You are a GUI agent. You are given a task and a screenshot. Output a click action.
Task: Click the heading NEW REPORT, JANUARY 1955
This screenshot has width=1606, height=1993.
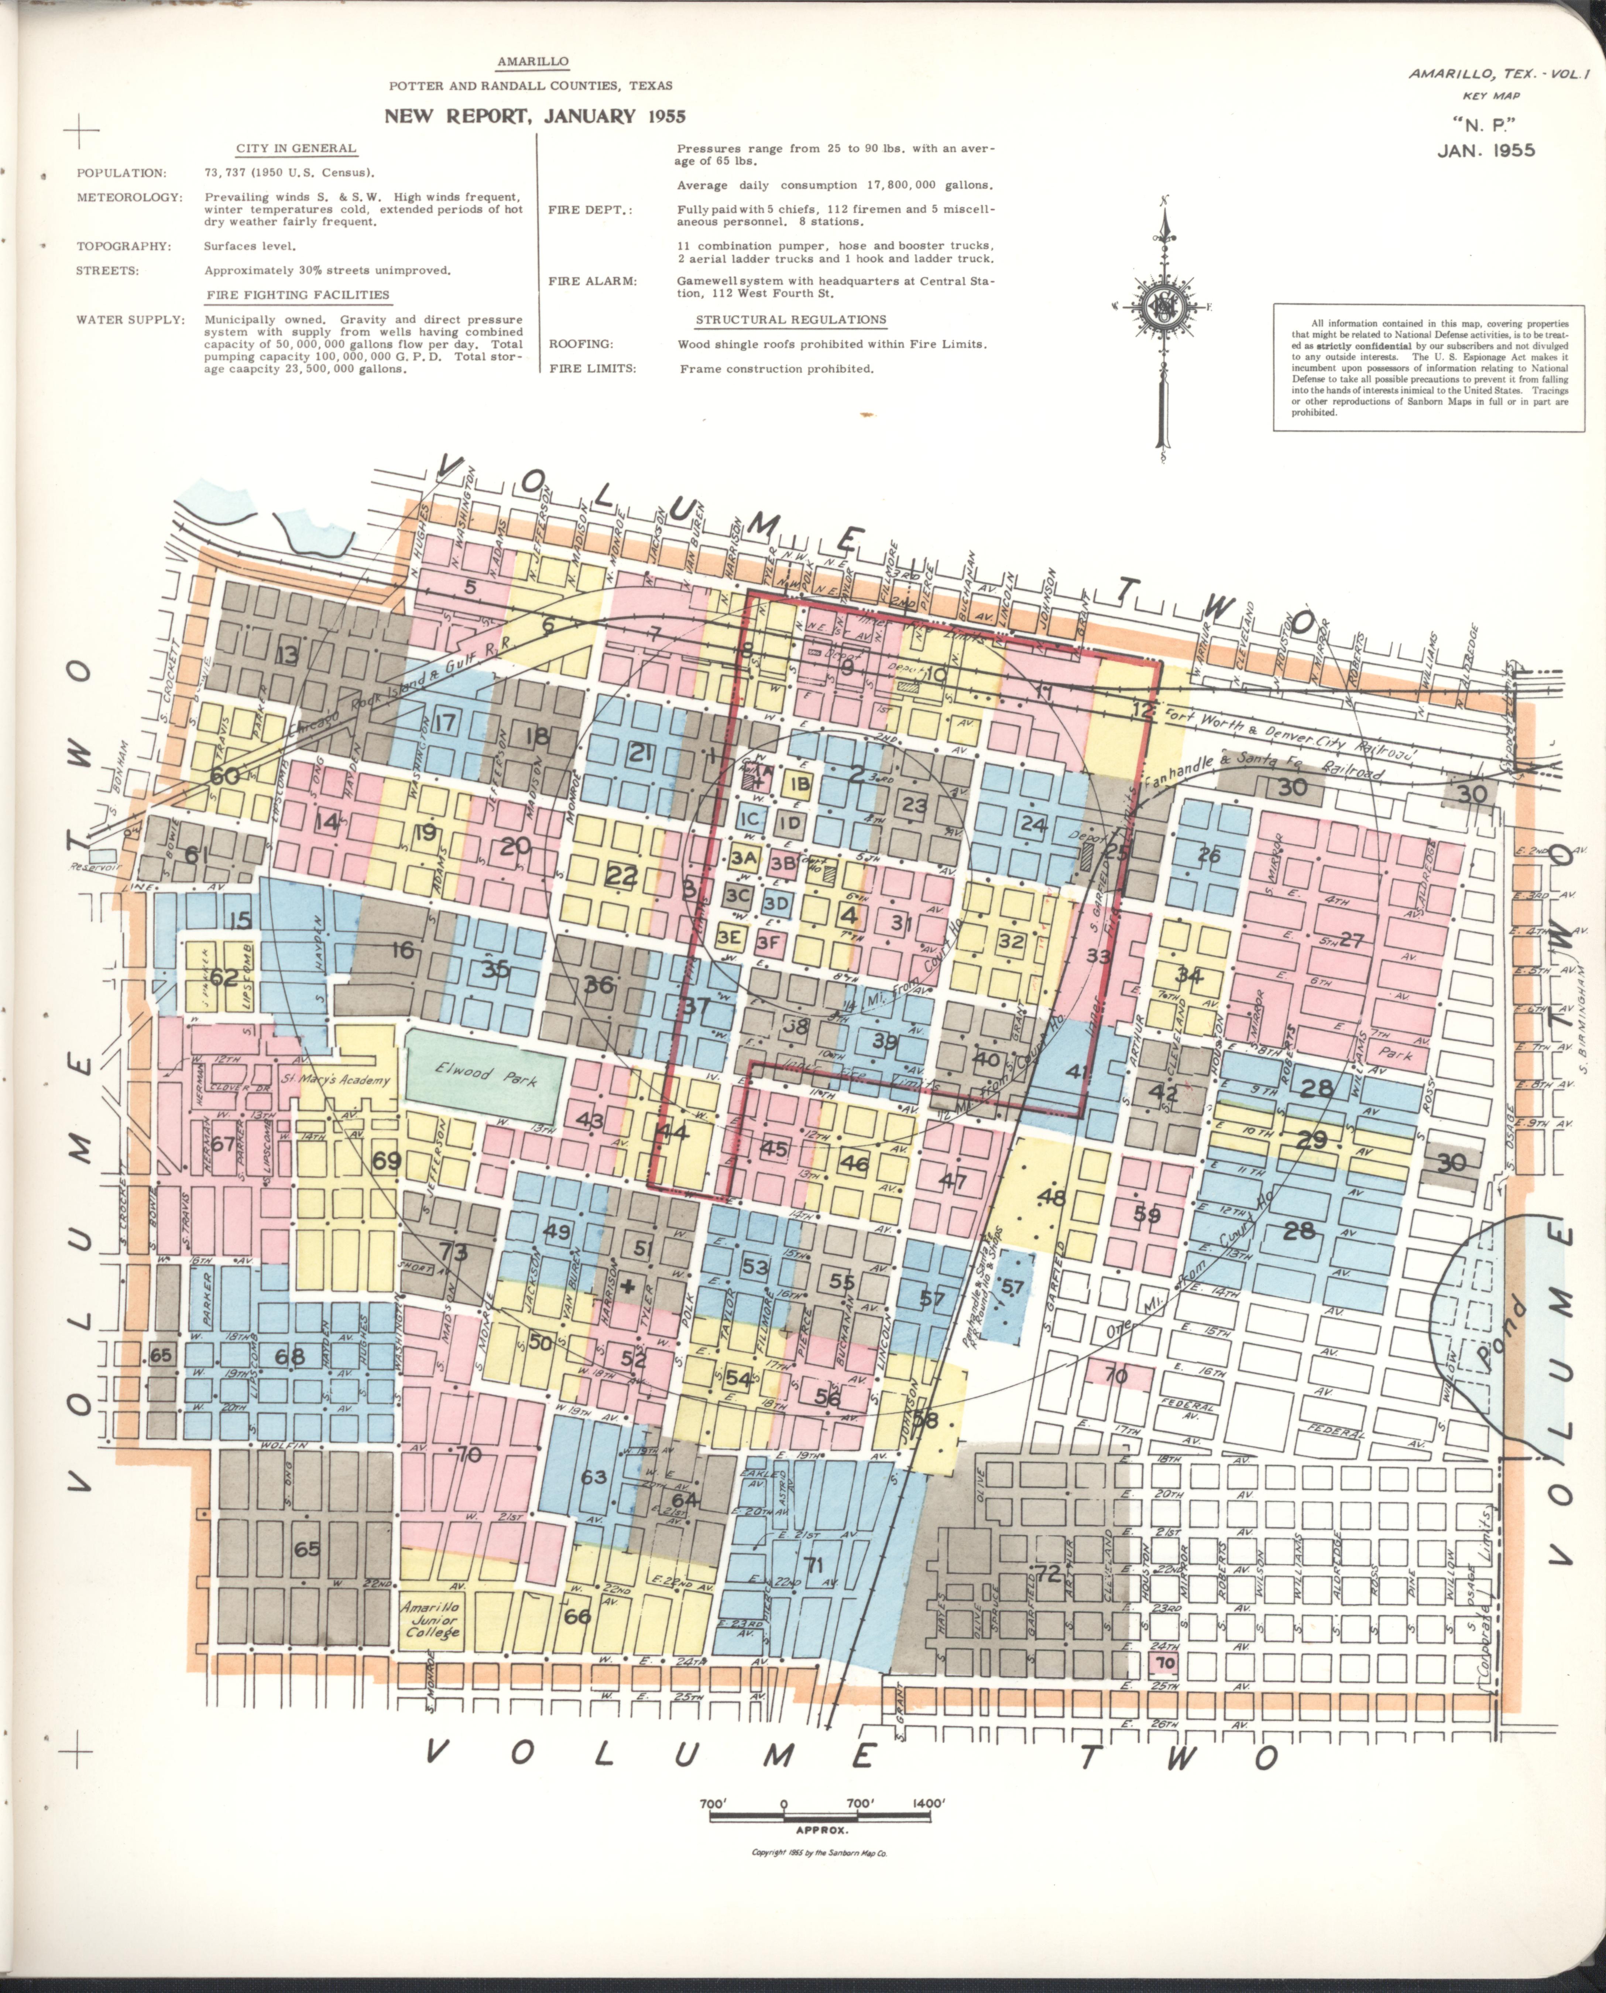click(535, 117)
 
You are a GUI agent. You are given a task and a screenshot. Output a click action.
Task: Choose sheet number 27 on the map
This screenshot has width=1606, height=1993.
click(1351, 940)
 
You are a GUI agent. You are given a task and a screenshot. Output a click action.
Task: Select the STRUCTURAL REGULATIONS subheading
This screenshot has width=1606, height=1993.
click(790, 320)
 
